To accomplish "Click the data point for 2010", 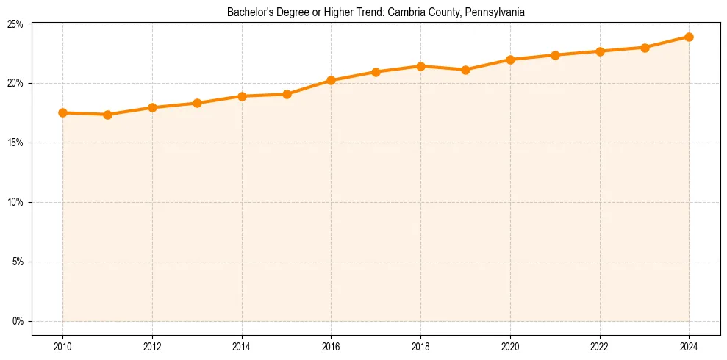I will [x=62, y=113].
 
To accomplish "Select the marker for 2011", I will [x=107, y=115].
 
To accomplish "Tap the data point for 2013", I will [x=197, y=103].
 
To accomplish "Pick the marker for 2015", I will [x=287, y=94].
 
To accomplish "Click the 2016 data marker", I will [x=331, y=80].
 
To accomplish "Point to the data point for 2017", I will [x=376, y=72].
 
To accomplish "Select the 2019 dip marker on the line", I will [x=465, y=70].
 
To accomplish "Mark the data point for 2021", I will [x=555, y=55].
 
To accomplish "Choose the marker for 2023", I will [x=645, y=48].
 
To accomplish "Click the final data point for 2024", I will [x=689, y=37].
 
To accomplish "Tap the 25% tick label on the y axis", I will [x=15, y=24].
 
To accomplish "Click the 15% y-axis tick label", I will [x=15, y=143].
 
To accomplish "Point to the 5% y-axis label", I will [x=18, y=262].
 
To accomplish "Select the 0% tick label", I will [x=18, y=322].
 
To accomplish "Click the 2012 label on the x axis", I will [x=152, y=347].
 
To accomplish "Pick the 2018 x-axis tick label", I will [x=420, y=347].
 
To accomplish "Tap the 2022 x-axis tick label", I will [x=600, y=347].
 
